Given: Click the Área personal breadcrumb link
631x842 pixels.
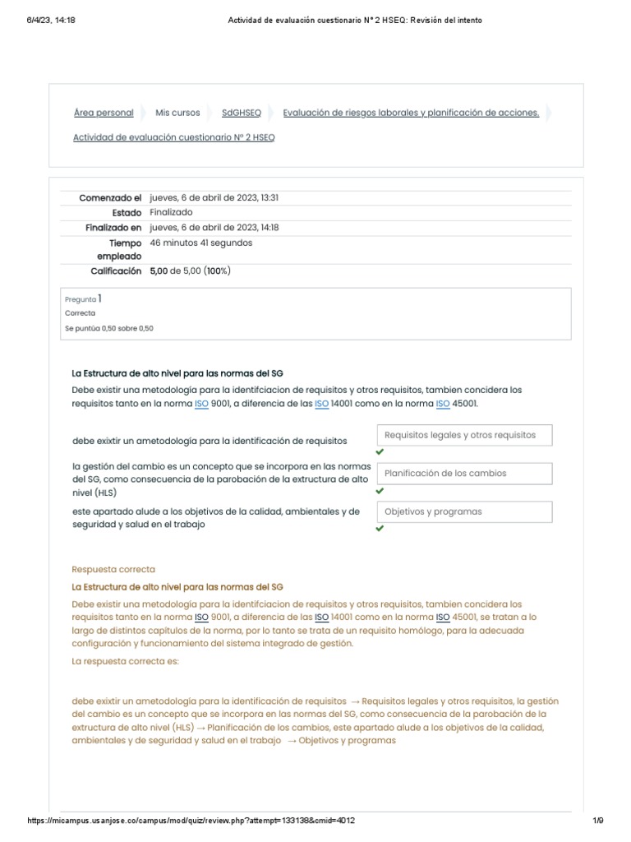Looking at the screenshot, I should [x=104, y=113].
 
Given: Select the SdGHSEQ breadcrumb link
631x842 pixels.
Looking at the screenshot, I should [x=242, y=113].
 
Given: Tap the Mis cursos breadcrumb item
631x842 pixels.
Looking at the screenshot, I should [x=177, y=113].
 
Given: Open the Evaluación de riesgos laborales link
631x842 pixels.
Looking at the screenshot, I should [x=411, y=113].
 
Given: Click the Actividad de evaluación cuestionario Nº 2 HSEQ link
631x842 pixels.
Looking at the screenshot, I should [x=174, y=137].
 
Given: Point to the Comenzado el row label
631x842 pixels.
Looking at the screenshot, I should [x=110, y=198].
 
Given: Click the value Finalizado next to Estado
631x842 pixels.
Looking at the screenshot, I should [x=172, y=212].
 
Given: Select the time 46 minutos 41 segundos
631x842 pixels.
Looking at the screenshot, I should [x=201, y=243].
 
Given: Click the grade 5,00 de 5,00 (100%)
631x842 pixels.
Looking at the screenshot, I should [x=190, y=271].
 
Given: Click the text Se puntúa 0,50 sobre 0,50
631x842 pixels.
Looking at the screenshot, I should [x=109, y=328].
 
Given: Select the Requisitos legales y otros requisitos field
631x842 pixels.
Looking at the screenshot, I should [x=464, y=435].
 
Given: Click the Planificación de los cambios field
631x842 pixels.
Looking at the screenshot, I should [x=464, y=474].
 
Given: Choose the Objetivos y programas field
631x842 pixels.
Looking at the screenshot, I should [x=464, y=511].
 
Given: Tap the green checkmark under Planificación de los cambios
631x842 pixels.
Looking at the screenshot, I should [x=380, y=491].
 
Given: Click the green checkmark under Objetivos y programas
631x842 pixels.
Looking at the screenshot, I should [x=380, y=529].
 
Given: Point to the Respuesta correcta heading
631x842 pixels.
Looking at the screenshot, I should [x=113, y=569].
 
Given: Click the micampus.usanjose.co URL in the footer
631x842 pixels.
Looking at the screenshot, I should [x=191, y=821].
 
